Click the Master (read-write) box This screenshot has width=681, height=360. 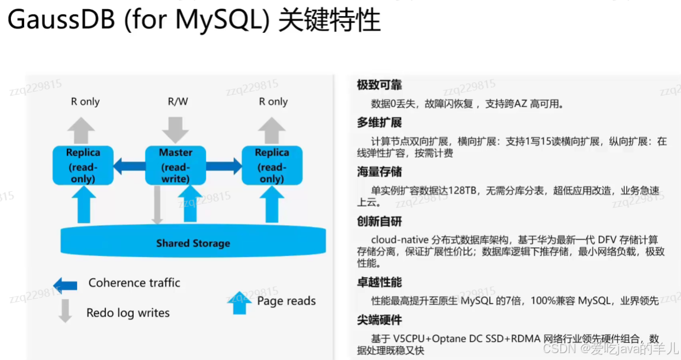[x=175, y=165]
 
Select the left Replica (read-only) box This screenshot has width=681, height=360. [x=83, y=165]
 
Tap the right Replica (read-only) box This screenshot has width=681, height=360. [x=272, y=165]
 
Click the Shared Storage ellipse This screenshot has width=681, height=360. [x=193, y=242]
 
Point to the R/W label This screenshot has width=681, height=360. [x=177, y=101]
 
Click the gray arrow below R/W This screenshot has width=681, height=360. [x=176, y=129]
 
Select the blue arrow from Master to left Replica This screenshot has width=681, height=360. [x=128, y=166]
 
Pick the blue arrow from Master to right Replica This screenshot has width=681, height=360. [x=224, y=166]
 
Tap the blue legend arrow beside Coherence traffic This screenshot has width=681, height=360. [x=65, y=285]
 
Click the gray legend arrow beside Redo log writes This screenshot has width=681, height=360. [x=65, y=310]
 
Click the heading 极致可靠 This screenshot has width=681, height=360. [x=379, y=85]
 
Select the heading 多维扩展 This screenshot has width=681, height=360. [x=379, y=123]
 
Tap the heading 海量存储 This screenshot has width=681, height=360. [x=379, y=172]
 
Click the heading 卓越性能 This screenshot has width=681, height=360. [x=379, y=282]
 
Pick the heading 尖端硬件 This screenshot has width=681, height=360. [x=379, y=320]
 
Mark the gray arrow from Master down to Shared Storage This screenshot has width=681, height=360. [x=157, y=204]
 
